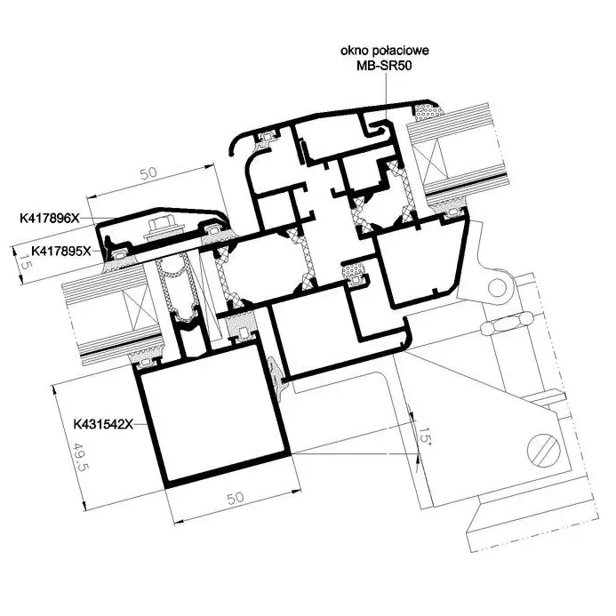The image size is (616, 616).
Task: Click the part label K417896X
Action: pyautogui.click(x=50, y=218)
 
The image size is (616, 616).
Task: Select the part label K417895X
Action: pyautogui.click(x=61, y=251)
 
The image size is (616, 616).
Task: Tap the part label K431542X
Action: pyautogui.click(x=103, y=424)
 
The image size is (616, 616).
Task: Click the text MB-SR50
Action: pyautogui.click(x=384, y=65)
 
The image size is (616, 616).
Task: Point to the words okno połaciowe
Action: pyautogui.click(x=385, y=51)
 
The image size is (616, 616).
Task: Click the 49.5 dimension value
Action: pyautogui.click(x=81, y=458)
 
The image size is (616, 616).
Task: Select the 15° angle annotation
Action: pyautogui.click(x=425, y=435)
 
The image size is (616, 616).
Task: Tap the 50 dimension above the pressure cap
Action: pyautogui.click(x=148, y=173)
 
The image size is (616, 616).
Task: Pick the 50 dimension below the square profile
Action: pyautogui.click(x=236, y=499)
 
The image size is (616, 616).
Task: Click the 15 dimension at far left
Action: pyautogui.click(x=24, y=262)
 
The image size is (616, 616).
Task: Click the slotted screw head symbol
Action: pyautogui.click(x=544, y=450)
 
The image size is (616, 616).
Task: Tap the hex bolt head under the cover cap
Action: pyautogui.click(x=162, y=227)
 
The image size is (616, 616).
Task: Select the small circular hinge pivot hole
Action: pyautogui.click(x=497, y=287)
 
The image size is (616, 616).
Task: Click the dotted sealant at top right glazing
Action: pyautogui.click(x=428, y=112)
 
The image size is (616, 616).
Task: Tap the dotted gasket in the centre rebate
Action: pyautogui.click(x=355, y=271)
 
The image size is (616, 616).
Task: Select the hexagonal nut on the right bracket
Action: pyautogui.click(x=508, y=324)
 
